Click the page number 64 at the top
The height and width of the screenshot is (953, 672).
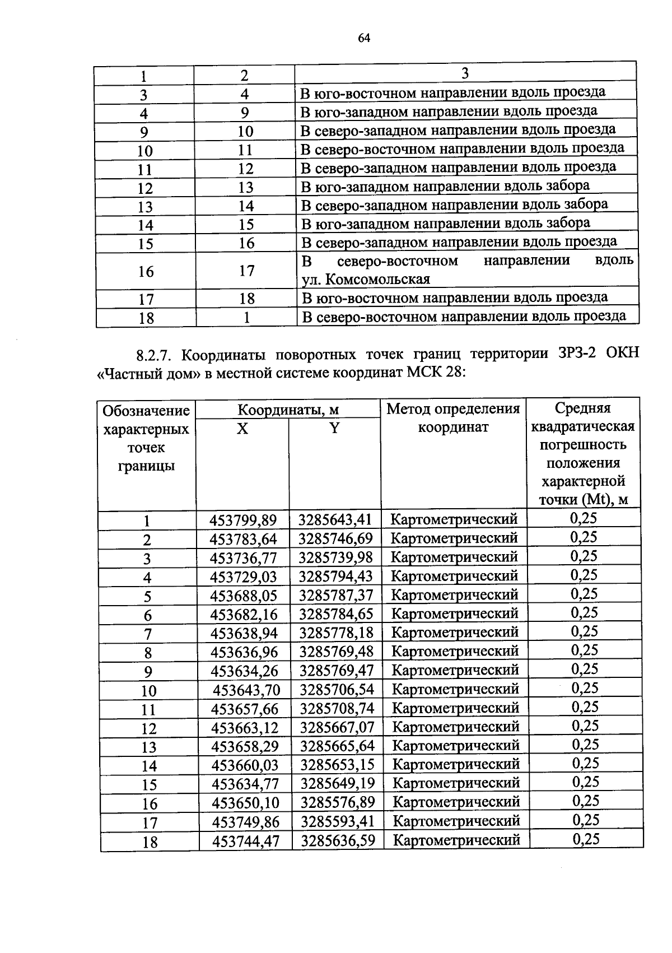[x=364, y=38]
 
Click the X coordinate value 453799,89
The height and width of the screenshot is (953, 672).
[x=243, y=520]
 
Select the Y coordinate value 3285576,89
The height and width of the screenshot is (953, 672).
[x=338, y=802]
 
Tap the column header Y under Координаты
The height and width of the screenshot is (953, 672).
[x=334, y=429]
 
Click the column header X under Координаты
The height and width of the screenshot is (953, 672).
[x=242, y=429]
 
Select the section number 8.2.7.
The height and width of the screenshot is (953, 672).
[x=156, y=356]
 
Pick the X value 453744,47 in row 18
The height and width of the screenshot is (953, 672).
[x=245, y=840]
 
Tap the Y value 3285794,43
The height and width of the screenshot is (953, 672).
[x=336, y=576]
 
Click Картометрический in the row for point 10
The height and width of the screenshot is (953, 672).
[x=455, y=689]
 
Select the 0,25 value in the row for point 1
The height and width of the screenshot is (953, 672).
[x=584, y=518]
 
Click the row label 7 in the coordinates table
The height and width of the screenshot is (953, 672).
[x=148, y=634]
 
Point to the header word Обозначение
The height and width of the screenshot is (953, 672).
[x=146, y=411]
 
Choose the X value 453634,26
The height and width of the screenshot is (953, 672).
[x=244, y=670]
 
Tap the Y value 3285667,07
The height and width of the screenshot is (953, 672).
[x=337, y=727]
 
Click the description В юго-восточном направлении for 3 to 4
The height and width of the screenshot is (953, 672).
[x=453, y=92]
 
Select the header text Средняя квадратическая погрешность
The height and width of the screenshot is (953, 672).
[x=582, y=426]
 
